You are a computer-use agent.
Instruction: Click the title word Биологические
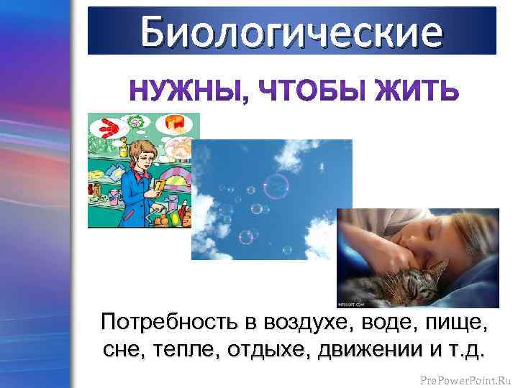[x=291, y=32]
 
